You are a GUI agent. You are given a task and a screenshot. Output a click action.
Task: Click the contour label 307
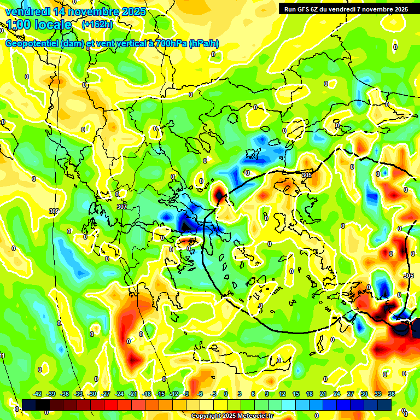(121, 207)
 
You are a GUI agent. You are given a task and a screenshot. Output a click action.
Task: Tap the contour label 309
(54, 211)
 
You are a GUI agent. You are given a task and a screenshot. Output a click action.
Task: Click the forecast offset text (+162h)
(97, 25)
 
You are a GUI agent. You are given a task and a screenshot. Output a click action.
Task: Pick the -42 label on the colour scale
(38, 394)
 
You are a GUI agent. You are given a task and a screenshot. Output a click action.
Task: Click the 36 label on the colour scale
(392, 394)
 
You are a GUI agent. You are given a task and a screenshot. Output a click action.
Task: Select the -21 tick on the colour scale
(132, 394)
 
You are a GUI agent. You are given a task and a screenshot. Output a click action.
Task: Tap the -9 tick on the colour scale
(186, 394)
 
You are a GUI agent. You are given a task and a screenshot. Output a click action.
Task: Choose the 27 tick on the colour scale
(351, 394)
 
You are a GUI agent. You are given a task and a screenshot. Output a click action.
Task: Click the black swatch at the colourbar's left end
(29, 405)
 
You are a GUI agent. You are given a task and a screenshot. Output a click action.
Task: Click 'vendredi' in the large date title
(27, 11)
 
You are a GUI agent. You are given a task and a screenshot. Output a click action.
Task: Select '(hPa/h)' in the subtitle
(204, 44)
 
